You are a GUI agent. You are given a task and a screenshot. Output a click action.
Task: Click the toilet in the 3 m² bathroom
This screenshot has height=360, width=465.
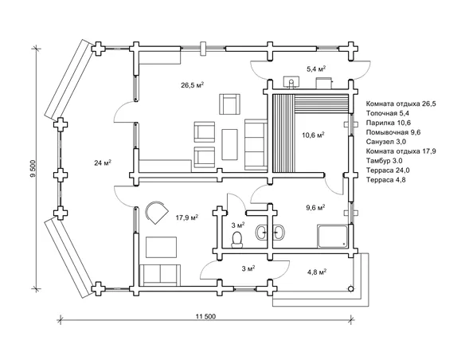(x=236, y=239)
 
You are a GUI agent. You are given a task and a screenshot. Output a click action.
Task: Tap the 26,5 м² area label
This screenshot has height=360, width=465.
(x=192, y=85)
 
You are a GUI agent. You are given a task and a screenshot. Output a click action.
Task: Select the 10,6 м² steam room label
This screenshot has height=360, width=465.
(x=313, y=135)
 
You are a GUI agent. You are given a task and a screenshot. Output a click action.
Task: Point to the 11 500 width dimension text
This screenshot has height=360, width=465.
(x=205, y=316)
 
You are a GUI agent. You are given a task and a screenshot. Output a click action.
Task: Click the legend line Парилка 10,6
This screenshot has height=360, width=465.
(x=389, y=123)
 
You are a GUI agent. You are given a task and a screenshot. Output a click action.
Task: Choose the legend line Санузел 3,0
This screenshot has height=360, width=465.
(x=386, y=142)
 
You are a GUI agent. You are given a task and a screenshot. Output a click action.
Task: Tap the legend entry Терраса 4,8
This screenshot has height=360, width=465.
(x=386, y=180)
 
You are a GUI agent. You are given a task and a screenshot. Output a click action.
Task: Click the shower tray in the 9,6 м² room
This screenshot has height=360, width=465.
(x=332, y=236)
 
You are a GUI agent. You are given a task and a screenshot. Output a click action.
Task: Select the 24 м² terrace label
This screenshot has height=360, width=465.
(x=103, y=162)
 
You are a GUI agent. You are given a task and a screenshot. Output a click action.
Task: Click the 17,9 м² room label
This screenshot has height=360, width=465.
(x=187, y=218)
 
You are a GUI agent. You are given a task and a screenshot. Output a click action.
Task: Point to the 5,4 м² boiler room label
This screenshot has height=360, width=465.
(x=316, y=69)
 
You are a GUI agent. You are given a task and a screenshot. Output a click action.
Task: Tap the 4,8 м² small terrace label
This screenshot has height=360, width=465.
(x=317, y=272)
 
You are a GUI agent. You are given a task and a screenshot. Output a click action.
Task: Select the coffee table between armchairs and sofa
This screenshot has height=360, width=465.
(x=230, y=144)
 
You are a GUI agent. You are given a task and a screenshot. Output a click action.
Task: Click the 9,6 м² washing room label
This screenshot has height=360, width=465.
(x=315, y=207)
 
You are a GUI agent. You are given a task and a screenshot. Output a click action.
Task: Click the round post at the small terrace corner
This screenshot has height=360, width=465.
(x=350, y=288)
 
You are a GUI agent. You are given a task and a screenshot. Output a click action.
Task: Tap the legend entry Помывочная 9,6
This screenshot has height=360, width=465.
(x=393, y=132)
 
